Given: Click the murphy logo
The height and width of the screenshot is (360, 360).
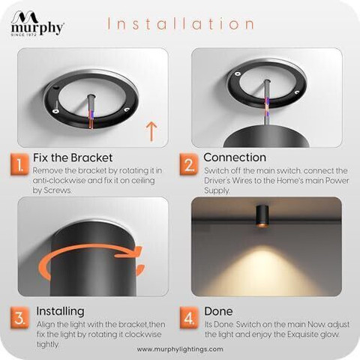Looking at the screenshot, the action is tap(37, 23).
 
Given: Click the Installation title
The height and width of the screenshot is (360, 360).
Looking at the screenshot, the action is tap(181, 24).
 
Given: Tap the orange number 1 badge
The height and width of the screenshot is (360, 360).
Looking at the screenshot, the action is tap(19, 165).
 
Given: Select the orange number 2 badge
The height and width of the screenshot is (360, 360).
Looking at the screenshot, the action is tap(189, 165).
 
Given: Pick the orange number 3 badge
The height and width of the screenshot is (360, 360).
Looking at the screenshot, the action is tap(19, 318).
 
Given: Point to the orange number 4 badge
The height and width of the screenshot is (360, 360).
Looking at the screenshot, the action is tap(189, 318).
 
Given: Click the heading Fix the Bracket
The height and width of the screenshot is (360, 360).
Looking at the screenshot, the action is tap(73, 157).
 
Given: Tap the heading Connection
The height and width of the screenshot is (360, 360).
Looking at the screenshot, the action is tap(235, 157).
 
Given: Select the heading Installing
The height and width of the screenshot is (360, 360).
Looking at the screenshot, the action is tap(60, 311).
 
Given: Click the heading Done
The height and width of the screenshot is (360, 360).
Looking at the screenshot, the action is tap(218, 311).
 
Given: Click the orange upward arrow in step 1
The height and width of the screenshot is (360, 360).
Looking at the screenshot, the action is tap(151, 131).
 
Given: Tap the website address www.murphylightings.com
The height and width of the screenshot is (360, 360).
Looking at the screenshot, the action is tap(180, 349).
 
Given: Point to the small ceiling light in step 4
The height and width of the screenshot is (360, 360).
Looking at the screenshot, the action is tap(262, 216).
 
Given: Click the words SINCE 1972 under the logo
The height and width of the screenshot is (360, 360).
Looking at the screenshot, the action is tap(24, 34).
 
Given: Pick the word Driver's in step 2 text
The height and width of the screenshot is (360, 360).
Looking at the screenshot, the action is tap(217, 181).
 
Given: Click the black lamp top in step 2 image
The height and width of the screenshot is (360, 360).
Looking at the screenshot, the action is tap(266, 136).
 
